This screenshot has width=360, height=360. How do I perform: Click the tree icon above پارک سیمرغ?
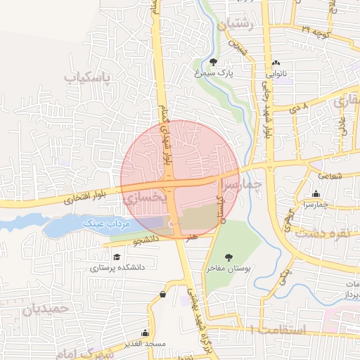(x=214, y=61)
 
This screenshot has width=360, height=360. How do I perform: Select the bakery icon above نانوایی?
(x=275, y=62)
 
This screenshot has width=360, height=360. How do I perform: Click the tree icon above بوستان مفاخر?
(x=228, y=257)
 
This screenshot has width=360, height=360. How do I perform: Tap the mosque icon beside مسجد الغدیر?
(x=145, y=333)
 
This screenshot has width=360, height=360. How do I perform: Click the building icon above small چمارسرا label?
(x=316, y=194)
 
